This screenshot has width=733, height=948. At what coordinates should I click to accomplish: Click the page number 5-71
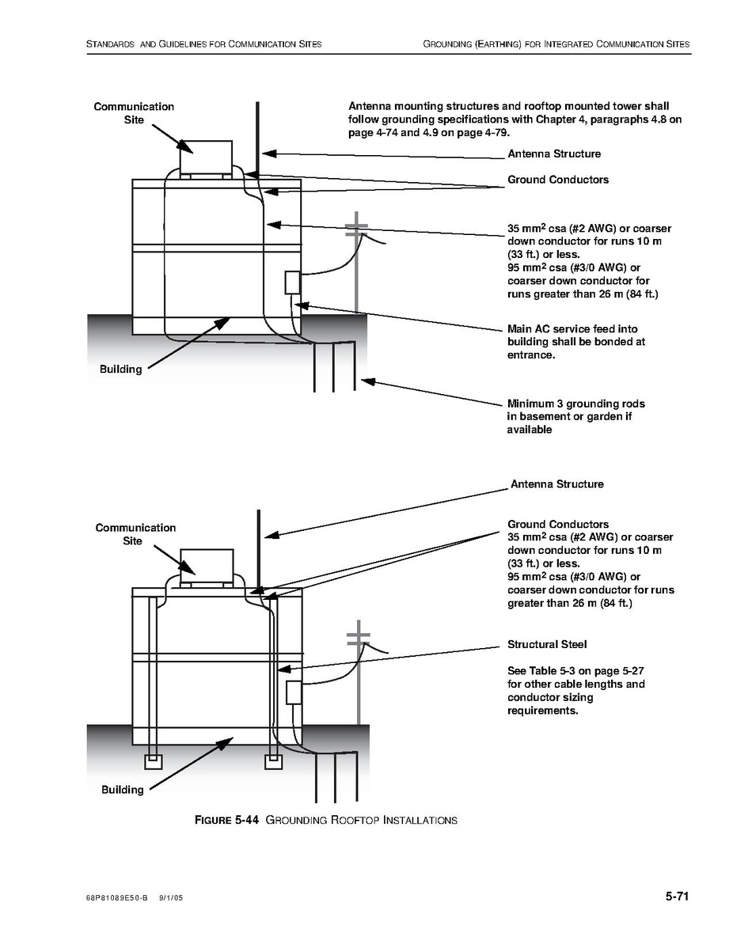(x=678, y=897)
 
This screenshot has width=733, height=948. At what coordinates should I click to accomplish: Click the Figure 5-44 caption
(x=326, y=820)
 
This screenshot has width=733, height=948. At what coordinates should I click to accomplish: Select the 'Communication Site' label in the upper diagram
(x=134, y=113)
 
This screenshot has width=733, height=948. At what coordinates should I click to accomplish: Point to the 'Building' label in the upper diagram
(x=120, y=370)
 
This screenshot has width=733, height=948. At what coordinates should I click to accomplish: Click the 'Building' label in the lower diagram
(x=123, y=789)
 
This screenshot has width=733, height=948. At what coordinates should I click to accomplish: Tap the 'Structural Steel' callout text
(x=547, y=645)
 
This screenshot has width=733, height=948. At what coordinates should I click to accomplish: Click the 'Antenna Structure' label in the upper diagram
(x=554, y=154)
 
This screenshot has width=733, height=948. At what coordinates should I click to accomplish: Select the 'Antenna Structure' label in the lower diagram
(x=556, y=483)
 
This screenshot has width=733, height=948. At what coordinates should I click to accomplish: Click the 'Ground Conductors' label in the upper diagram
(x=558, y=180)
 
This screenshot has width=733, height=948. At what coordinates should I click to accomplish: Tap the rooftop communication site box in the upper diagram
(x=206, y=157)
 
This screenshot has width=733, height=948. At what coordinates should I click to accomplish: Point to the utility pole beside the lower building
(x=359, y=677)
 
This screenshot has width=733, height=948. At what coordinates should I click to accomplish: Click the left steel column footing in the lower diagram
(x=153, y=761)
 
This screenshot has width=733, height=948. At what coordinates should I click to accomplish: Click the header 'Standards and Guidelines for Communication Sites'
(x=204, y=44)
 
